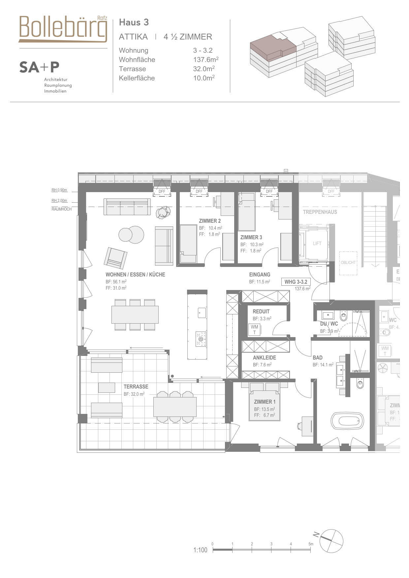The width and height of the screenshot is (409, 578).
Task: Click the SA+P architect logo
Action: [x=39, y=67]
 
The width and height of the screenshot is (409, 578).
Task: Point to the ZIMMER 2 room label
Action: [x=210, y=221]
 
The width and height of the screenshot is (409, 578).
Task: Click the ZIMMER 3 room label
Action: [x=251, y=237]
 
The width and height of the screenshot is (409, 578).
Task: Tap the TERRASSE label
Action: [x=136, y=387]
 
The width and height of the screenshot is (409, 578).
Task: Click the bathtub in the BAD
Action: [x=347, y=421]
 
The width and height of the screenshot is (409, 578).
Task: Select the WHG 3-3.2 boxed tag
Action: [x=296, y=282]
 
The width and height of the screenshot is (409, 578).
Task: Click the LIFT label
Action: [x=317, y=244]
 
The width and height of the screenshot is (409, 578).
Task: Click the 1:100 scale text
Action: [x=200, y=550]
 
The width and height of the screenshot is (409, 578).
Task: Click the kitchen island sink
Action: [x=202, y=312]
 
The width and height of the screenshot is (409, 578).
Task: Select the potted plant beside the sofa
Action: [x=163, y=213]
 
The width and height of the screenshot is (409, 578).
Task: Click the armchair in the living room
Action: [x=115, y=258]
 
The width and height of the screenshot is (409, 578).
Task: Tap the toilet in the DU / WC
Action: [x=344, y=316]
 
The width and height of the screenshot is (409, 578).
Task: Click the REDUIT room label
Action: [x=261, y=311]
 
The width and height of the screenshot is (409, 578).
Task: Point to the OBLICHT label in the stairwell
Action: [x=348, y=263]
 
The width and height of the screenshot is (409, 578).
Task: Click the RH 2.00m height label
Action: [x=59, y=200]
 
